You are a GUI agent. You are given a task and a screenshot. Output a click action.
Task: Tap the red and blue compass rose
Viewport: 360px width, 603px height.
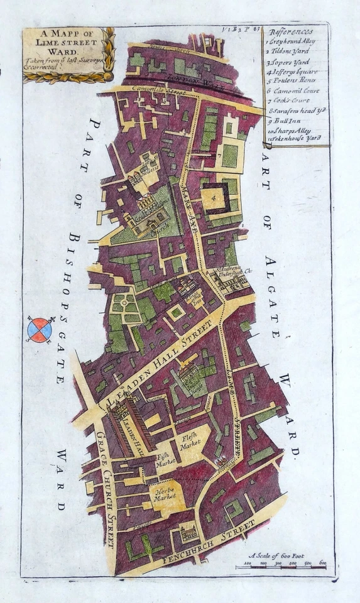pos(40,329)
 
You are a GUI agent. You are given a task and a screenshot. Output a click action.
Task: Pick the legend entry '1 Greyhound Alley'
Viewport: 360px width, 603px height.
pos(292,41)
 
